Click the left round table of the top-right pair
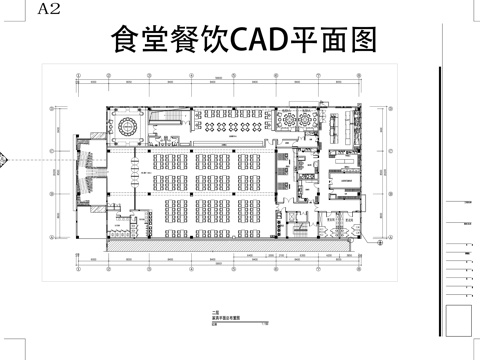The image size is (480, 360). point(291,118)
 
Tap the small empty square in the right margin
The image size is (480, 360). point(457,320)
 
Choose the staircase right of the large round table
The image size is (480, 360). point(170,122)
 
